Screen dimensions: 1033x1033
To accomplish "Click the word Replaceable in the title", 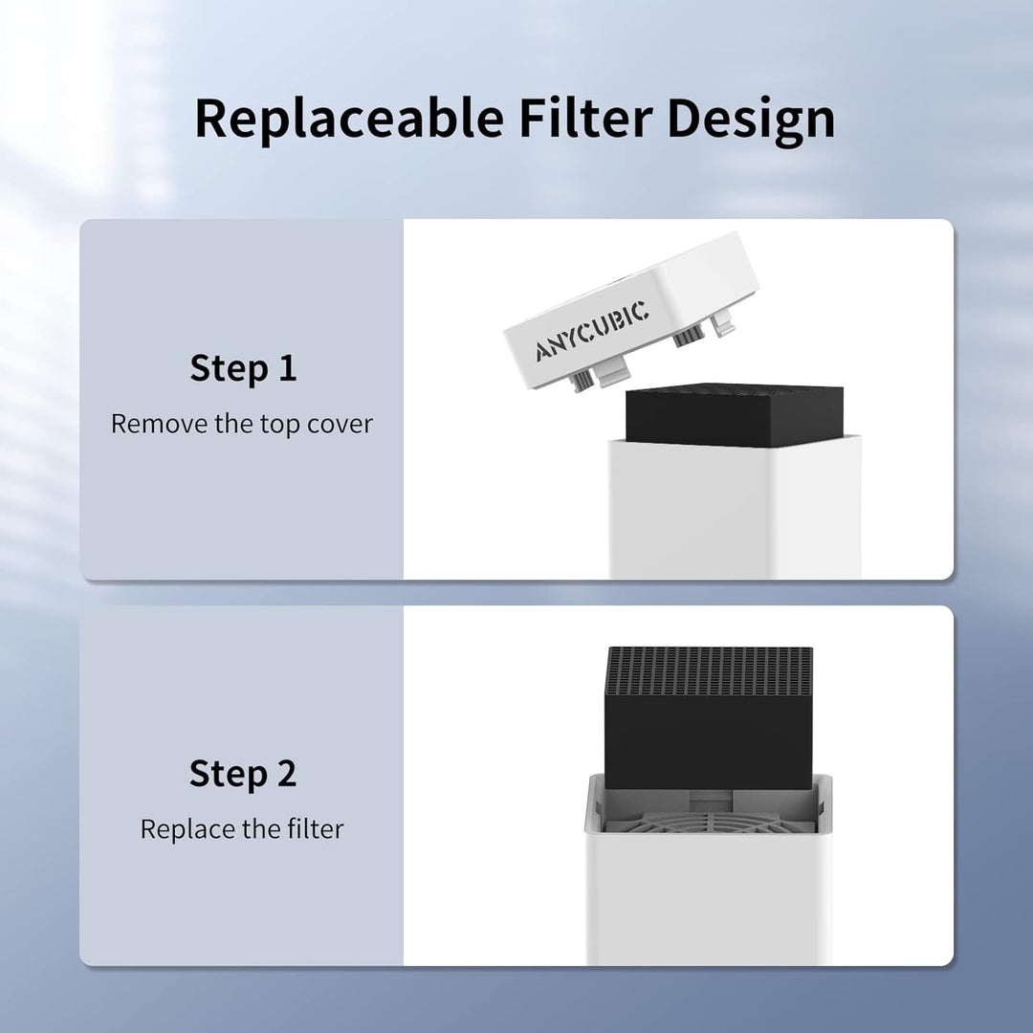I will pyautogui.click(x=349, y=119).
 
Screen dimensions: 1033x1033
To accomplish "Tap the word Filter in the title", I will pyautogui.click(x=584, y=119).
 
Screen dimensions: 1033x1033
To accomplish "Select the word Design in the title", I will pyautogui.click(x=751, y=119).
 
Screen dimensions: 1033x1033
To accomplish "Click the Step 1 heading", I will pyautogui.click(x=243, y=368).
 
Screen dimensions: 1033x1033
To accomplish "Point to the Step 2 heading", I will pyautogui.click(x=243, y=774).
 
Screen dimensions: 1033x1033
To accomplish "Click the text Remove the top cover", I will pyautogui.click(x=242, y=424).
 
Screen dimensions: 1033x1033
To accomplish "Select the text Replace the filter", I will pyautogui.click(x=242, y=829).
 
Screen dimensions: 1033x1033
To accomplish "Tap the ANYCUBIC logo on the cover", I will pyautogui.click(x=591, y=331).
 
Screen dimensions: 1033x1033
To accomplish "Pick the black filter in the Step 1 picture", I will pyautogui.click(x=734, y=416).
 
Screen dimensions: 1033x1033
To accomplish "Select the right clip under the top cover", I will pyautogui.click(x=687, y=337).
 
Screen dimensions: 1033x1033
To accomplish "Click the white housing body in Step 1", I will pyautogui.click(x=734, y=512).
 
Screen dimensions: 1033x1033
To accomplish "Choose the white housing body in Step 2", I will pyautogui.click(x=709, y=899).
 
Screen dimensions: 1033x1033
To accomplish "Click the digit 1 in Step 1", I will pyautogui.click(x=287, y=368).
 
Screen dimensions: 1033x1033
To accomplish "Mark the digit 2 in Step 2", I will pyautogui.click(x=286, y=774).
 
